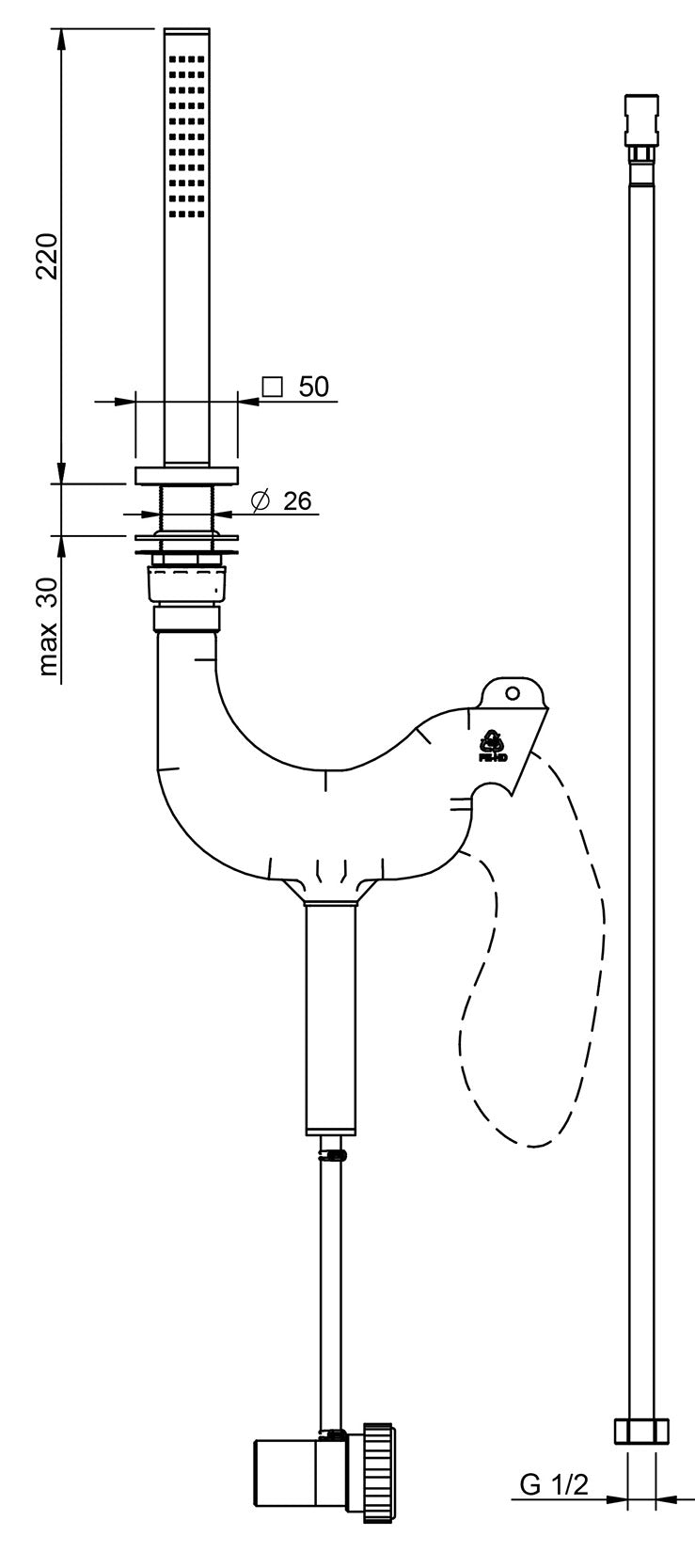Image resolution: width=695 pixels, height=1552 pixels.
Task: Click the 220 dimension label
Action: coord(48,255)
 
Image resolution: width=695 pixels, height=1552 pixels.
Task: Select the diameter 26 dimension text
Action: coord(297,500)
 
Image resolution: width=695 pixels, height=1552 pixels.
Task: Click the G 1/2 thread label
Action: coord(554,1485)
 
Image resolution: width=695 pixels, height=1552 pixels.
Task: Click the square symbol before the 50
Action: coord(272,387)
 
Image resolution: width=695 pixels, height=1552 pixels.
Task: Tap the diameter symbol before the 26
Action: coord(261,500)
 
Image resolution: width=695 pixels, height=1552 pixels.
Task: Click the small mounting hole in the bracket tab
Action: coord(512,693)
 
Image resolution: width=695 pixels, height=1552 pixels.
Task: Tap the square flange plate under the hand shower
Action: coord(186,476)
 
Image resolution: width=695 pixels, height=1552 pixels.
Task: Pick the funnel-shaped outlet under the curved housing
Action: coord(331,889)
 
